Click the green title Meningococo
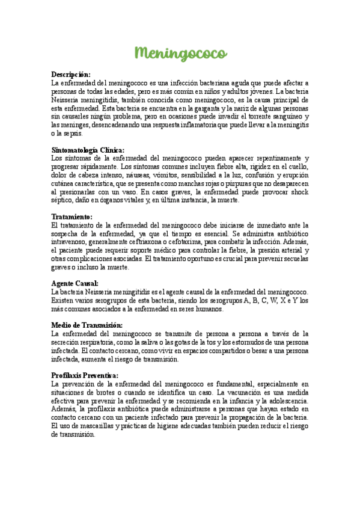tap(180, 54)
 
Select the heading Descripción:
tap(70, 74)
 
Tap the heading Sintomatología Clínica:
tap(88, 150)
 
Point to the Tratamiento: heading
tap(72, 216)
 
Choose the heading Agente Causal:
tap(75, 283)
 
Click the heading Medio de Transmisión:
tap(87, 325)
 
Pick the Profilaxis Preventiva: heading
tap(85, 375)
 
